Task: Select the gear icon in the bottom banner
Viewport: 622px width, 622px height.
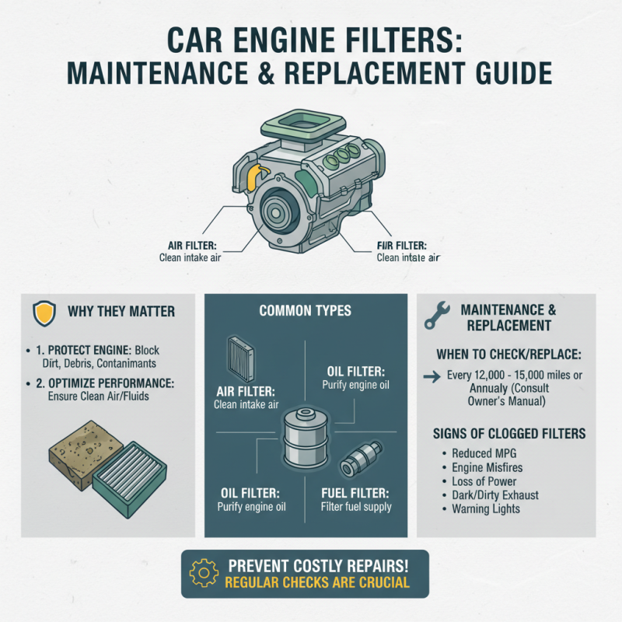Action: (x=204, y=574)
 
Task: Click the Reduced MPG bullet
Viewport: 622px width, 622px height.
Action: (x=482, y=453)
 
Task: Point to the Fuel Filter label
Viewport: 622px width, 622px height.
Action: (x=355, y=493)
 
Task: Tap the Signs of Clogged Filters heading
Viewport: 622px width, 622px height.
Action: (x=505, y=433)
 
